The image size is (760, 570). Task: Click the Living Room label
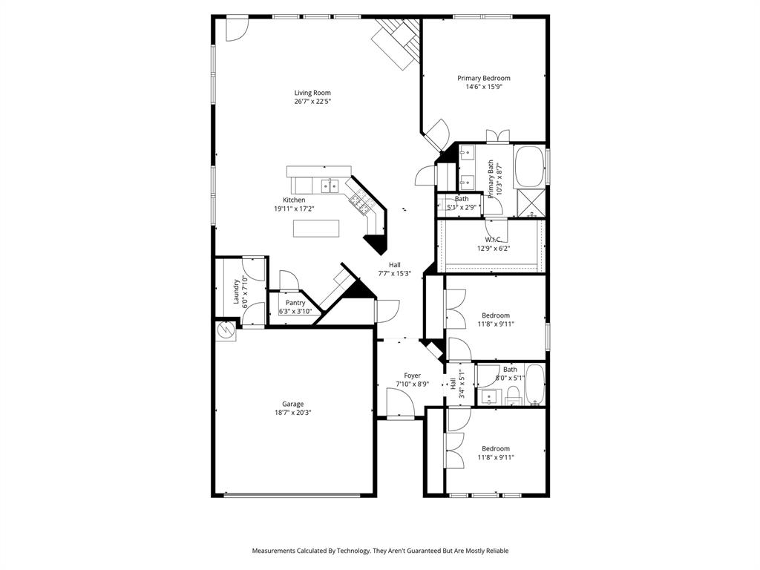[312, 93]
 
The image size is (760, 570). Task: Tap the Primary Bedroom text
[483, 78]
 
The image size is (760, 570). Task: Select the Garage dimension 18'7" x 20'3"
[292, 413]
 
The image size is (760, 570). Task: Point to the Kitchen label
[294, 200]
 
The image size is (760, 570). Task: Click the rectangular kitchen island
[316, 229]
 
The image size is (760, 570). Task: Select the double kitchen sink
[330, 186]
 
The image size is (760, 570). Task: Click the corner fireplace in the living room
[398, 43]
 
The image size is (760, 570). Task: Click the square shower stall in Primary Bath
[530, 203]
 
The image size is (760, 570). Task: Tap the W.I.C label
[493, 240]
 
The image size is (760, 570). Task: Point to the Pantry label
[295, 303]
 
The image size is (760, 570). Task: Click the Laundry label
[237, 291]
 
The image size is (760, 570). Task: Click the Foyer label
[412, 376]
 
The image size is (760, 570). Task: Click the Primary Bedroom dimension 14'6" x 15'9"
[483, 87]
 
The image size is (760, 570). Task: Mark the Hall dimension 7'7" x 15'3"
[394, 273]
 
